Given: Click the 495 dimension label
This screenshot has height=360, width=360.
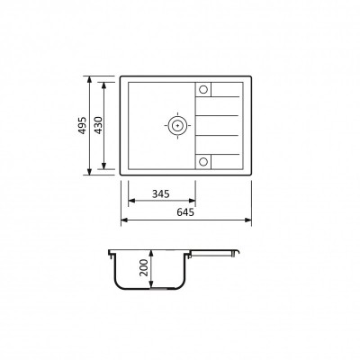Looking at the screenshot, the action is click(x=83, y=125).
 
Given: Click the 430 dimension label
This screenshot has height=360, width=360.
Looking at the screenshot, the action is click(x=98, y=125).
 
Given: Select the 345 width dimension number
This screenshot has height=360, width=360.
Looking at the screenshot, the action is click(x=161, y=194).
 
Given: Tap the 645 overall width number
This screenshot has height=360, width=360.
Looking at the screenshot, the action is click(x=185, y=212).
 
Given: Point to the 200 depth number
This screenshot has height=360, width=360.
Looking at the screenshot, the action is click(x=144, y=267).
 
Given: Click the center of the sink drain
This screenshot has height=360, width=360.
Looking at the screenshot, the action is click(x=177, y=125).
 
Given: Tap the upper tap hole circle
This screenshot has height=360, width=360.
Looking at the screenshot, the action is click(x=203, y=89).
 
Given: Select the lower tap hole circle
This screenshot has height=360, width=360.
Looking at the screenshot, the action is click(x=203, y=162).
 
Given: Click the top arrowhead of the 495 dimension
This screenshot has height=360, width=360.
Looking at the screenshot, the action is click(x=89, y=79).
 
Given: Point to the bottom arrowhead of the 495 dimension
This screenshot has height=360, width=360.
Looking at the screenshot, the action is click(x=89, y=172).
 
